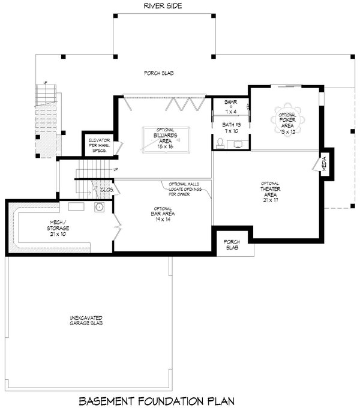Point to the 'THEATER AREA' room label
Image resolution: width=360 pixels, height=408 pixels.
coord(269,193)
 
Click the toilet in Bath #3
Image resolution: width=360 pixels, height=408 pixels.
coord(221,143)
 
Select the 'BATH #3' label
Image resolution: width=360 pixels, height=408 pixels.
coord(230,127)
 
